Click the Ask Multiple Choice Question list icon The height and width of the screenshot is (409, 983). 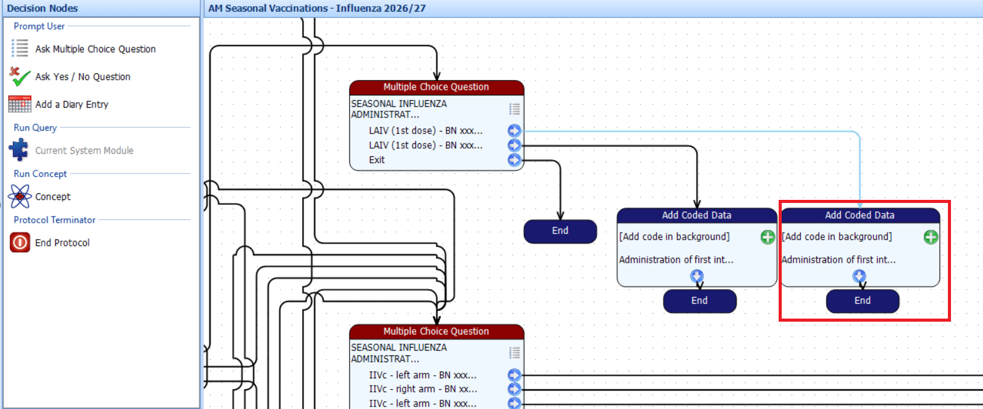[20, 48]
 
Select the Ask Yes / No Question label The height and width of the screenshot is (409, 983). [82, 77]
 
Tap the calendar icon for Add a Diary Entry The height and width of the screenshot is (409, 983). [20, 104]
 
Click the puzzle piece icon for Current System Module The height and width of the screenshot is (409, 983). [19, 150]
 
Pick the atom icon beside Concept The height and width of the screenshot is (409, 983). [20, 196]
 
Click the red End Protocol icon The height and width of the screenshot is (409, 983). [20, 242]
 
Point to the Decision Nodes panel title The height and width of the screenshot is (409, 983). [42, 9]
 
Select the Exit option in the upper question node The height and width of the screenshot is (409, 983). [377, 160]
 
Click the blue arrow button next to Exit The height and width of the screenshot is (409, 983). [515, 160]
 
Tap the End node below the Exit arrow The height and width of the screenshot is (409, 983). [560, 231]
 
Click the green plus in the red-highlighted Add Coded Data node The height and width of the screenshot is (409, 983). [930, 237]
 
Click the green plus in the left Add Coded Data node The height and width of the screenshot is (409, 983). [768, 237]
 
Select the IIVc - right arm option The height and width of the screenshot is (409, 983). [423, 389]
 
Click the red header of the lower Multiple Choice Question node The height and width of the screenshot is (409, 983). [436, 332]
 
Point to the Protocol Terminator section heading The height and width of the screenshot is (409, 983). [54, 220]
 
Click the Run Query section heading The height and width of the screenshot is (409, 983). [35, 127]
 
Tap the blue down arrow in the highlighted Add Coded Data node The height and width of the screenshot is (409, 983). [859, 276]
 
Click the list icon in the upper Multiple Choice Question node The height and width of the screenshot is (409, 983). [515, 108]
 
